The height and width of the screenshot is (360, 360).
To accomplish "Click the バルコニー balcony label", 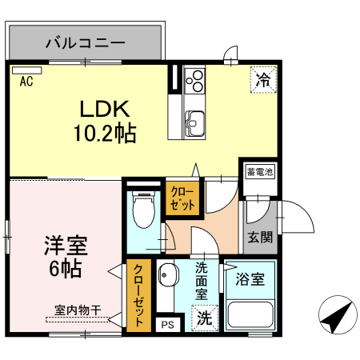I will pos(85,42).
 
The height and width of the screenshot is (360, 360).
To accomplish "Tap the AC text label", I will pos(26,81).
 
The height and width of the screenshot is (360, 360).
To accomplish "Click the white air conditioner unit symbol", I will pos(26,70).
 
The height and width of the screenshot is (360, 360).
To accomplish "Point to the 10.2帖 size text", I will pos(105,133).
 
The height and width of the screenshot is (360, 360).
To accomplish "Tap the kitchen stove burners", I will pos(194,80).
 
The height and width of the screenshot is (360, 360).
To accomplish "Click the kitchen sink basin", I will pos(194,121).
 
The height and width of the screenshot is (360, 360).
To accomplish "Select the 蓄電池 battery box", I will pos(259,172).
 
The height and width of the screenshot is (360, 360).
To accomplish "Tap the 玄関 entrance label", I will pos(259,237).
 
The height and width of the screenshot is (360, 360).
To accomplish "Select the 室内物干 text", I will pos(78,310).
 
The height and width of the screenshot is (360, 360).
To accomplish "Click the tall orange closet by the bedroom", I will pos(138,295).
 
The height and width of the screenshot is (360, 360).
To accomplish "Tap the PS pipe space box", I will pos(167,324).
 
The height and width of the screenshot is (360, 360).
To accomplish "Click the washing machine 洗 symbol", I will pos(205,317).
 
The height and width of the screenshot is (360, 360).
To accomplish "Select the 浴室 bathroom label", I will pos(250,280).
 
